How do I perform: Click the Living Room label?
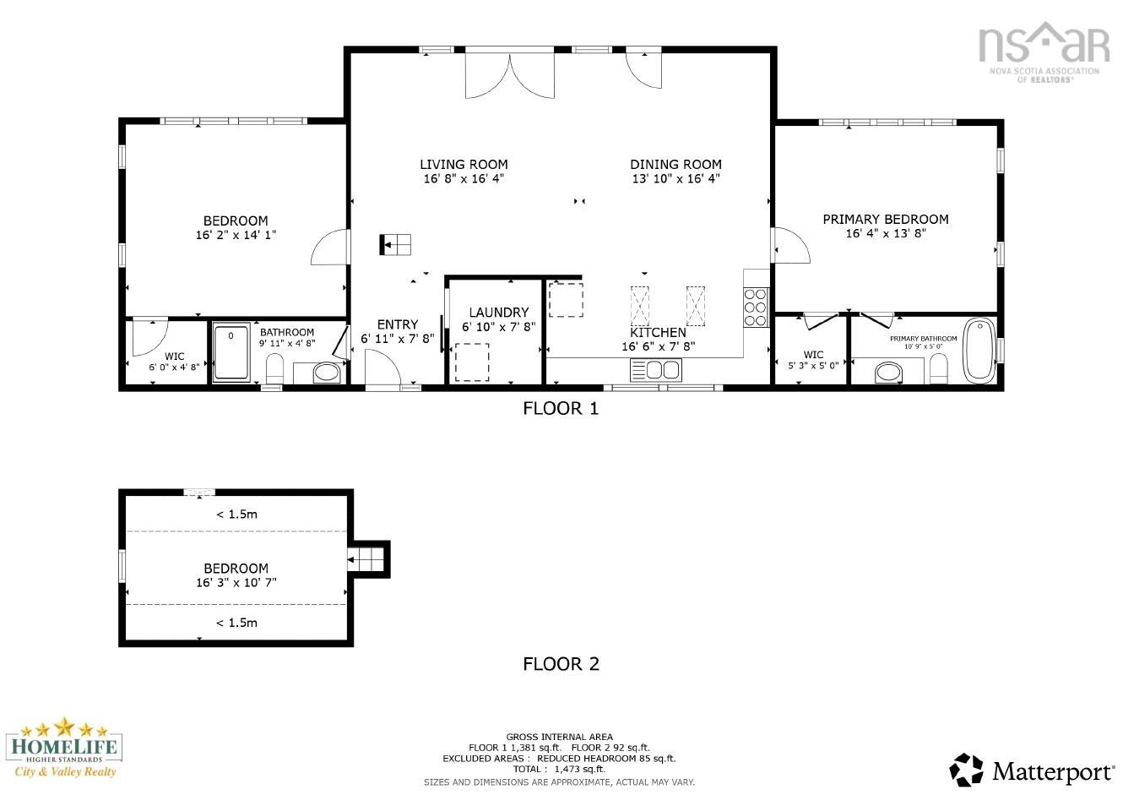point(464,165)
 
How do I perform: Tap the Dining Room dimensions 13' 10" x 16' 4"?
point(675,179)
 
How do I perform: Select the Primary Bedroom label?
point(886,220)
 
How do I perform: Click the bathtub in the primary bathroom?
point(979,348)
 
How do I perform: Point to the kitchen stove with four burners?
point(756,308)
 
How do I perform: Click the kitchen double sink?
point(655,370)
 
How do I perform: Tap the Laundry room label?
point(498,313)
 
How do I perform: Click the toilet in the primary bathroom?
point(938,368)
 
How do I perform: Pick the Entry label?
point(398,324)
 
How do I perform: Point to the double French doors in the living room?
point(509,74)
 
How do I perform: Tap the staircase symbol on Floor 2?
point(368,559)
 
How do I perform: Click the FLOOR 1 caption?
point(561,409)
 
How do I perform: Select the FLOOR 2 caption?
point(561,664)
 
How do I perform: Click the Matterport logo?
point(1032,770)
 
